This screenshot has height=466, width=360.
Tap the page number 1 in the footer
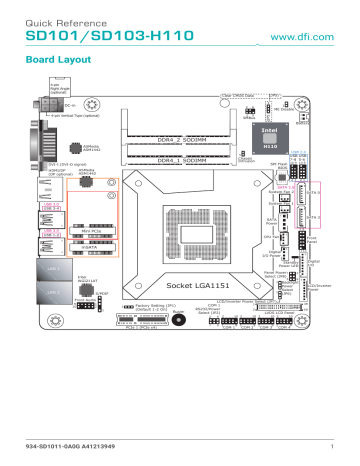pos(329,431)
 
